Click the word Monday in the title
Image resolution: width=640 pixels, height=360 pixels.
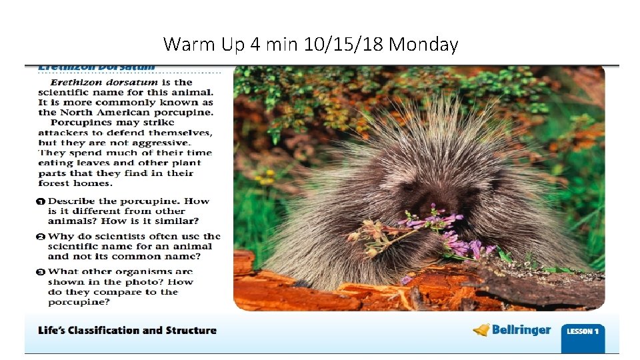423,45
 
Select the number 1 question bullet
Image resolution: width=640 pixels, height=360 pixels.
41,201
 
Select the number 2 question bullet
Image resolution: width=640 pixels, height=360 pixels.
41,236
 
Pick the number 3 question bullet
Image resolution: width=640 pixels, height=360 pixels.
41,271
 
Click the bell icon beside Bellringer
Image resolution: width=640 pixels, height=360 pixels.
481,330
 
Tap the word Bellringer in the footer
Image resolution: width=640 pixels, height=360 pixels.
521,330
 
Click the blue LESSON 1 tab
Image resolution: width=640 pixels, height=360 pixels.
583,331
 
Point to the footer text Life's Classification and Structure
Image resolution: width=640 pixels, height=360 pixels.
127,330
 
